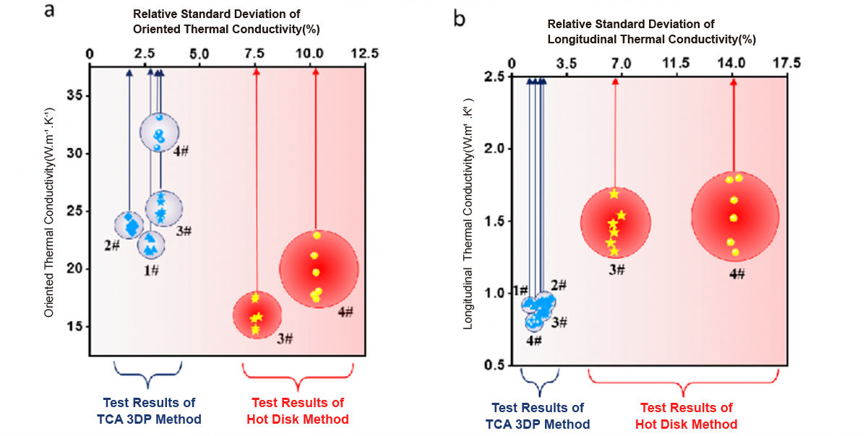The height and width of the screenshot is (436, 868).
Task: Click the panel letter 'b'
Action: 460,17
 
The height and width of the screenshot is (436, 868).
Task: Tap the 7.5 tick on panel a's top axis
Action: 256,54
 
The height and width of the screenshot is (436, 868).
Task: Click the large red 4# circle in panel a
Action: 319,268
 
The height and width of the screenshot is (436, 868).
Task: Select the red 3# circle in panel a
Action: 257,313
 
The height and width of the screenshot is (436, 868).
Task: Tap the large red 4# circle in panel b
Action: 735,217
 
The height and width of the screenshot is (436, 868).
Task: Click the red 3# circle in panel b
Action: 615,223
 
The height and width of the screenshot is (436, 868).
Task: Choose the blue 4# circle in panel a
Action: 159,132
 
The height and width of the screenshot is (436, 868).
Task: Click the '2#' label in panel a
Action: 111,245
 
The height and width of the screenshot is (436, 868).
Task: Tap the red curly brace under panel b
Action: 684,380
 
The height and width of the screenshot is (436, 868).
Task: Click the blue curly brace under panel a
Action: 148,371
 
